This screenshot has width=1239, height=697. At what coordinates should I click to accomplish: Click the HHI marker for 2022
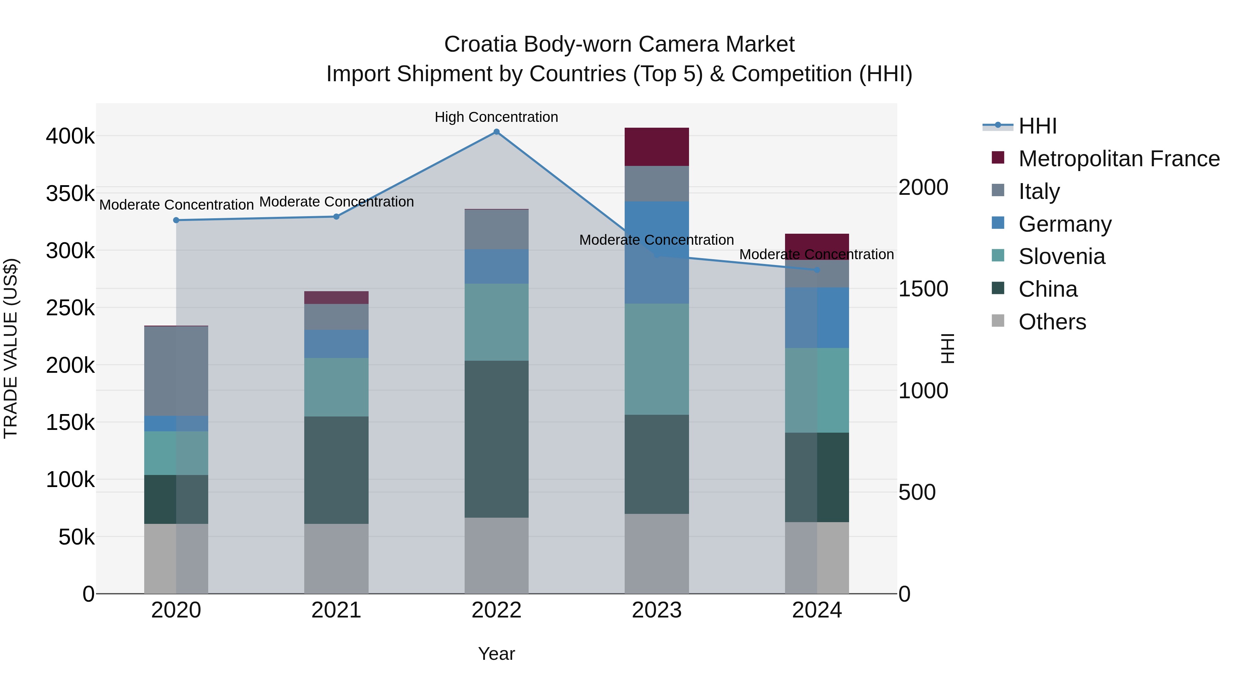click(496, 132)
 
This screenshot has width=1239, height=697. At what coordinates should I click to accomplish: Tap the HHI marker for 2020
click(176, 220)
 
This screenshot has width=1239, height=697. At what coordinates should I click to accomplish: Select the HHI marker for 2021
click(336, 217)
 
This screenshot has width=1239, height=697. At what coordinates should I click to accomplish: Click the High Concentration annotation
click(496, 117)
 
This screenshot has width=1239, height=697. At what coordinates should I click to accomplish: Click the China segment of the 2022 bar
click(496, 439)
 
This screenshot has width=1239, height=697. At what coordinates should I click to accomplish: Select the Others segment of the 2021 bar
click(336, 559)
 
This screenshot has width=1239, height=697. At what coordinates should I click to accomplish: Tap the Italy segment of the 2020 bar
click(176, 371)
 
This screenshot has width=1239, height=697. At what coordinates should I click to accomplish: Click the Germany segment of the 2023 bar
click(657, 253)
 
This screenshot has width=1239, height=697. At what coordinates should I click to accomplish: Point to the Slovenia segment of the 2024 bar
click(817, 390)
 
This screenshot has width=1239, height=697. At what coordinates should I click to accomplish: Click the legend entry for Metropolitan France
click(1119, 159)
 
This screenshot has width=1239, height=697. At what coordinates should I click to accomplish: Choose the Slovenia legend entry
click(1061, 256)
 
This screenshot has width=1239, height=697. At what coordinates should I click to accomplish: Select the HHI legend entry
click(1037, 126)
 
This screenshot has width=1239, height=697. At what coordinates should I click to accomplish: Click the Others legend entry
click(1052, 322)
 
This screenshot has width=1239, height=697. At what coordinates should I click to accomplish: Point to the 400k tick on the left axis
click(70, 136)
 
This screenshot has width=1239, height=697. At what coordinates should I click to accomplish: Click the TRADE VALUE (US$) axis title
click(11, 348)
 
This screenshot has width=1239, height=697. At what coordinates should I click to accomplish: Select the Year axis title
click(496, 654)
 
